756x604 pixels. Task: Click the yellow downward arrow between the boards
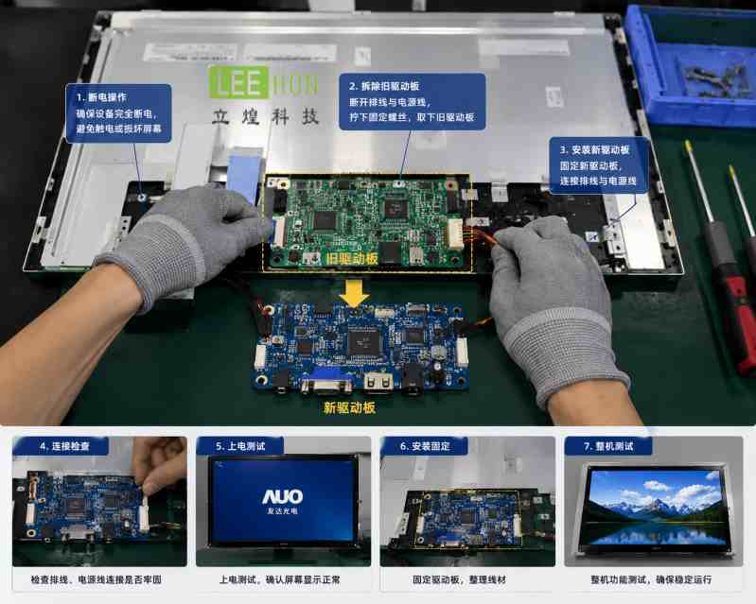(x=355, y=293)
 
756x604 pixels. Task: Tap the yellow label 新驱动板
(x=349, y=408)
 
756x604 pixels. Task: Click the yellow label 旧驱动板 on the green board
(x=351, y=259)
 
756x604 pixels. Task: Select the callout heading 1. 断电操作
(x=102, y=97)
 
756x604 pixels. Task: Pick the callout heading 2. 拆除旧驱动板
(x=384, y=86)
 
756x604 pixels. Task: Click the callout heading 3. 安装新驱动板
(x=594, y=149)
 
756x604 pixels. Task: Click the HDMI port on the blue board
(x=378, y=382)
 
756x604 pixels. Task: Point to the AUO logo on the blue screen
(x=283, y=496)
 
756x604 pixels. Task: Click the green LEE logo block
(x=238, y=83)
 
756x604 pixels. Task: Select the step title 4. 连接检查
(x=64, y=446)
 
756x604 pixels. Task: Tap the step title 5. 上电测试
(x=240, y=446)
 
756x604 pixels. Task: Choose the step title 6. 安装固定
(x=425, y=446)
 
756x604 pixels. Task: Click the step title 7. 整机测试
(x=608, y=446)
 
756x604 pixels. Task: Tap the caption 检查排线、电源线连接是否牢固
(x=96, y=579)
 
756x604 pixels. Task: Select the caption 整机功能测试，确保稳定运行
(x=651, y=579)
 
